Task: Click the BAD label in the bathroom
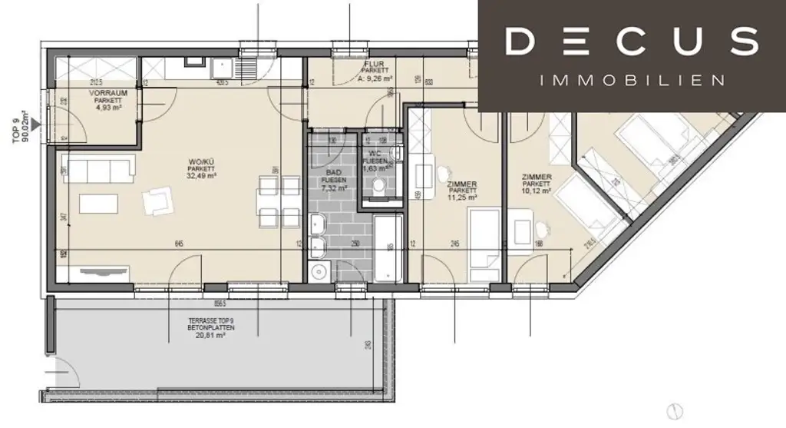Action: click(334, 172)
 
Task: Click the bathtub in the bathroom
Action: click(387, 249)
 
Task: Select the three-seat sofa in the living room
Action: click(97, 167)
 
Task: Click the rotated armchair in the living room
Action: click(157, 201)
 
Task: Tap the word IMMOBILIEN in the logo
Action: click(631, 81)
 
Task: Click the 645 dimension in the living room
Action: click(178, 244)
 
